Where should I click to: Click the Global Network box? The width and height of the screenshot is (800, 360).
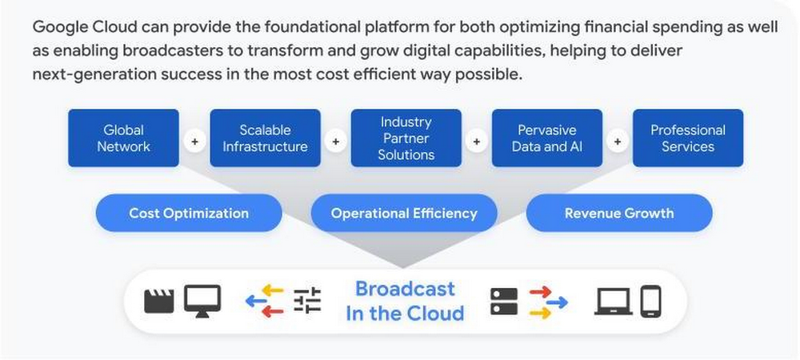pyautogui.click(x=123, y=138)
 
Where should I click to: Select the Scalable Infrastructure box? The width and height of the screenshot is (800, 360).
pyautogui.click(x=265, y=138)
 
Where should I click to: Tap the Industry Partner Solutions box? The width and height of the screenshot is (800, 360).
pyautogui.click(x=406, y=138)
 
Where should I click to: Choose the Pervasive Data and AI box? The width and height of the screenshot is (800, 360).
pyautogui.click(x=546, y=138)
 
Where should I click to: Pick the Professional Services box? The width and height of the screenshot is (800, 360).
pyautogui.click(x=687, y=138)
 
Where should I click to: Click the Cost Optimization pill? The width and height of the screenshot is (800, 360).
pyautogui.click(x=189, y=214)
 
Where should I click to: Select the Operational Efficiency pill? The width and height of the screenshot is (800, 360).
pyautogui.click(x=404, y=214)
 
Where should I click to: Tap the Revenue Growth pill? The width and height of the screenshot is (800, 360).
pyautogui.click(x=619, y=214)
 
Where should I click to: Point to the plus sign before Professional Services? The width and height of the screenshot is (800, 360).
pyautogui.click(x=617, y=142)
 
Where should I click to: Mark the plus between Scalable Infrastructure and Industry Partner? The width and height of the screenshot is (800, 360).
pyautogui.click(x=335, y=142)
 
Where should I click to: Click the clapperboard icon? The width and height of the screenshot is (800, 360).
pyautogui.click(x=158, y=301)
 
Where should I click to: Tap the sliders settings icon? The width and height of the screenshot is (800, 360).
pyautogui.click(x=307, y=301)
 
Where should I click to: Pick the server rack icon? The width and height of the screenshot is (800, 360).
pyautogui.click(x=504, y=301)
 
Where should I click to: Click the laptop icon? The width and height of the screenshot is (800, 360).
pyautogui.click(x=614, y=301)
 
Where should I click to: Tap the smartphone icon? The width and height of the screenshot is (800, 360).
pyautogui.click(x=651, y=301)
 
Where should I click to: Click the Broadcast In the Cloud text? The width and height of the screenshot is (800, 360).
pyautogui.click(x=405, y=301)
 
